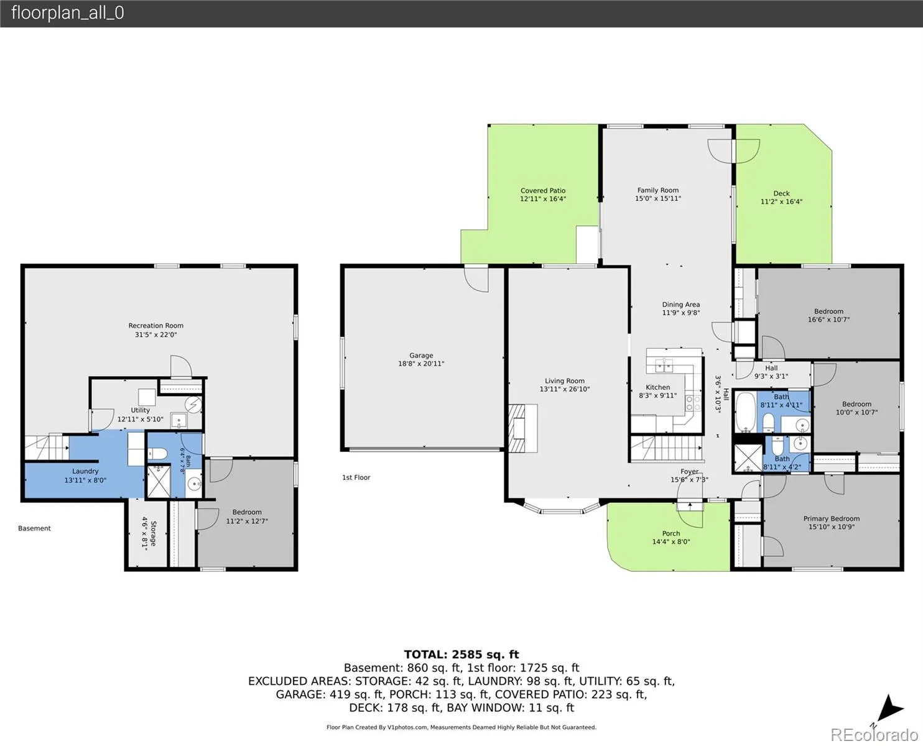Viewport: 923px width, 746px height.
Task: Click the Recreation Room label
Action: (155, 326)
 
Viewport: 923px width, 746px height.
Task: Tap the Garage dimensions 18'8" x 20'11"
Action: (421, 364)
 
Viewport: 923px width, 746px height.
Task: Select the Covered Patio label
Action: (543, 190)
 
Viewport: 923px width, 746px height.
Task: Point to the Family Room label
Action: (658, 190)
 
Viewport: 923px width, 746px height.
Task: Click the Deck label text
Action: (781, 193)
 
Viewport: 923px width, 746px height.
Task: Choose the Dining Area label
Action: (681, 305)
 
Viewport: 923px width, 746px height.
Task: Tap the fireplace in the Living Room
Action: (522, 428)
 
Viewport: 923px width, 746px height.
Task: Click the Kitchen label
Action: (658, 387)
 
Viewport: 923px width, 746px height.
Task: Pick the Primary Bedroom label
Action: (831, 518)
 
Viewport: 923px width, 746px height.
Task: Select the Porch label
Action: (671, 533)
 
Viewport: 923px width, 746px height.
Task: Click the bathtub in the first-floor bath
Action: (745, 412)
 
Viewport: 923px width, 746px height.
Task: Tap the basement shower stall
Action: (159, 481)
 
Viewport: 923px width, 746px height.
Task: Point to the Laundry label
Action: (85, 471)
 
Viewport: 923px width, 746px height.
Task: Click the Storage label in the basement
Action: (154, 533)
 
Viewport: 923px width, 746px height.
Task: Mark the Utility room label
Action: (141, 410)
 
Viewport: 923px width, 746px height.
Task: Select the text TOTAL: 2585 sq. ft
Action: (461, 654)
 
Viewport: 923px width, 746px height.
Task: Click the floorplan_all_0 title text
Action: (68, 13)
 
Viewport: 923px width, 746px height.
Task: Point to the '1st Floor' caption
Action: (356, 477)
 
